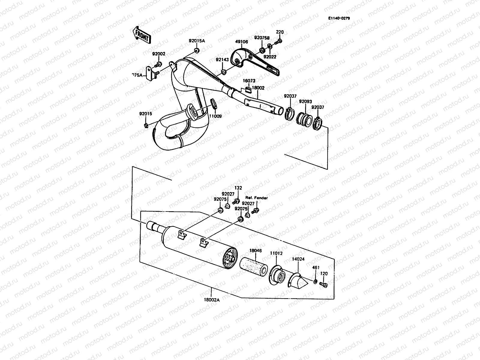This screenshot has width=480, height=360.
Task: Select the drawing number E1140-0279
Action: (x=339, y=18)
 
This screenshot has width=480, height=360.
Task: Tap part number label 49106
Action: (x=241, y=42)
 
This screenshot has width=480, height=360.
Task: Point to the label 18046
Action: (x=256, y=250)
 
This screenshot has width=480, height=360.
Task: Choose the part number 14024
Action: (x=298, y=258)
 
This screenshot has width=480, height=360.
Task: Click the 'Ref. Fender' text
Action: (x=256, y=198)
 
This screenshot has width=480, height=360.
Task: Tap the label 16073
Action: (x=249, y=81)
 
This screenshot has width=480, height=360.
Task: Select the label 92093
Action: (x=305, y=101)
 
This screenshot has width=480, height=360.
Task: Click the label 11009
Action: (x=215, y=116)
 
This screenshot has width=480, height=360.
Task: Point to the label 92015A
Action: (x=197, y=41)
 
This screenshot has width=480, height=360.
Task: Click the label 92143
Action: (x=222, y=60)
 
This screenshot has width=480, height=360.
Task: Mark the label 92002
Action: (x=158, y=54)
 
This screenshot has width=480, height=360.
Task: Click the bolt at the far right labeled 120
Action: (x=323, y=285)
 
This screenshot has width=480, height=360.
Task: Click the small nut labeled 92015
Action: (x=146, y=125)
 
